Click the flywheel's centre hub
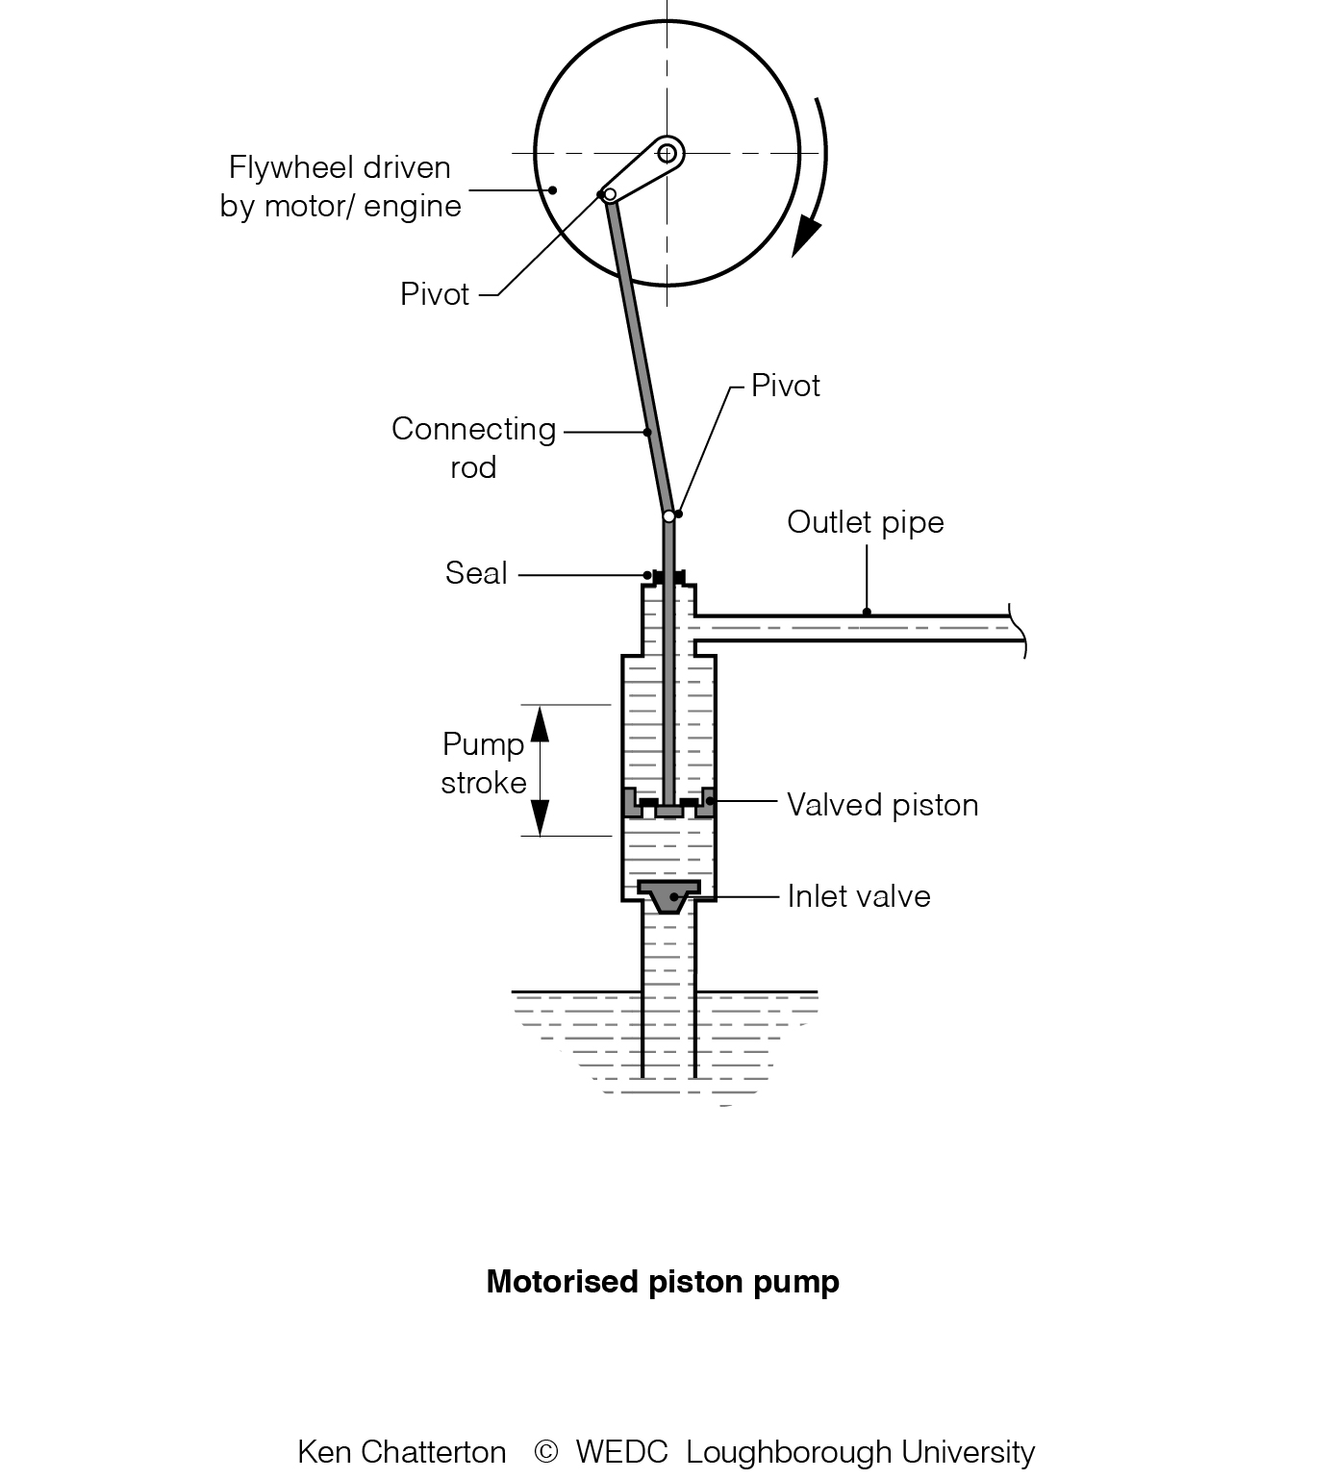[x=667, y=153]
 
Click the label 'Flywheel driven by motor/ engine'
[x=340, y=187]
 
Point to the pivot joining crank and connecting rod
[x=609, y=194]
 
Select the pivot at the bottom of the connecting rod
[x=669, y=516]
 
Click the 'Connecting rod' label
[x=473, y=447]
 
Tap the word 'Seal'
[x=476, y=573]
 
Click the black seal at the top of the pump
[x=668, y=576]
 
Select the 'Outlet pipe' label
[x=865, y=522]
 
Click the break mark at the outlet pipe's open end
[x=1019, y=630]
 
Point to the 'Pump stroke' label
[x=483, y=763]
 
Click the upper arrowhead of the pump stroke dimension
[x=540, y=723]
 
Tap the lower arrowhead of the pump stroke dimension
[x=540, y=817]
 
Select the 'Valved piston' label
[x=882, y=805]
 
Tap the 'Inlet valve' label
[x=858, y=896]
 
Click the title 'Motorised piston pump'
[x=663, y=1282]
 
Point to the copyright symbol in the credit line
[x=545, y=1451]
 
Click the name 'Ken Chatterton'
[x=402, y=1451]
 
